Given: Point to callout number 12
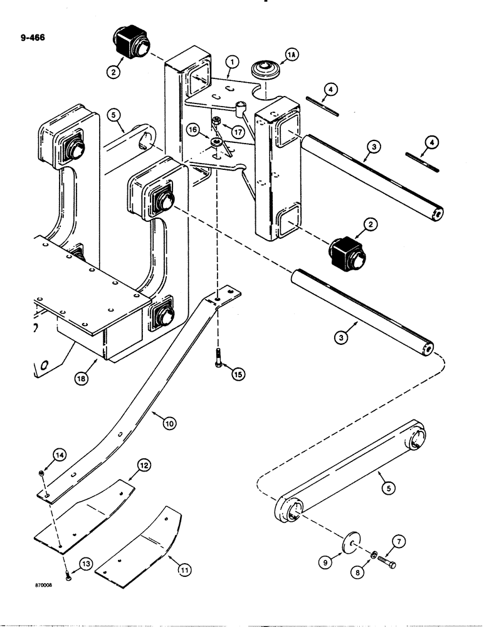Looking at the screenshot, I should [144, 465].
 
